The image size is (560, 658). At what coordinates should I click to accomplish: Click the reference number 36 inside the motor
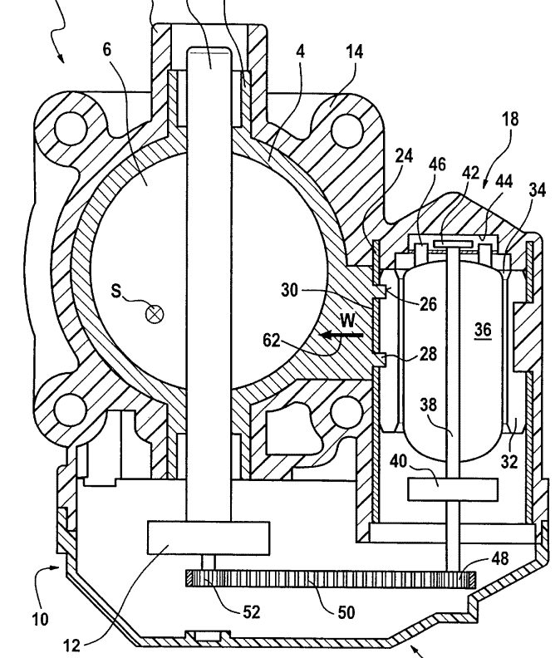[x=483, y=330]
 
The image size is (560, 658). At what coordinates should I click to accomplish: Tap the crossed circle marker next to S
[x=154, y=314]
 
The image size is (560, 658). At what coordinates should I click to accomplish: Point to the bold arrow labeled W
[x=341, y=335]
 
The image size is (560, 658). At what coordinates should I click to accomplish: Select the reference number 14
[x=354, y=52]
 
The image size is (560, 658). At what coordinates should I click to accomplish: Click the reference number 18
[x=510, y=119]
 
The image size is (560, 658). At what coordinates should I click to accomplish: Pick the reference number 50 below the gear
[x=346, y=612]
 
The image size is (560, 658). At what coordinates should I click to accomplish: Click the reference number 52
[x=252, y=612]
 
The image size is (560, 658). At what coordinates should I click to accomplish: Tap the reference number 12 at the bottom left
[x=71, y=645]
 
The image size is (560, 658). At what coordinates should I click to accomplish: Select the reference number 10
[x=41, y=619]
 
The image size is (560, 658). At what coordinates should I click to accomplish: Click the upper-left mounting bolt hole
[x=70, y=127]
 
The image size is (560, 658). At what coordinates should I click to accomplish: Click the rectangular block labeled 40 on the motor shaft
[x=453, y=489]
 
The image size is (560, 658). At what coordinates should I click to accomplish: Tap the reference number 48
[x=499, y=558]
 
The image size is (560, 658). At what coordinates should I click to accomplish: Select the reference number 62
[x=271, y=340]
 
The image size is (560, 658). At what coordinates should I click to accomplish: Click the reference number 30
[x=290, y=290]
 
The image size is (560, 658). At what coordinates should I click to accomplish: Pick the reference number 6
[x=107, y=50]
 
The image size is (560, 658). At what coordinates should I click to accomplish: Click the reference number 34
[x=538, y=190]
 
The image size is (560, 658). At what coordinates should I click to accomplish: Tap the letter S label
[x=115, y=291]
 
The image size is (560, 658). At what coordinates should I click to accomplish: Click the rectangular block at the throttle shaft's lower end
[x=209, y=538]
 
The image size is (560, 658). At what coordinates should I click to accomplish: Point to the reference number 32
[x=508, y=462]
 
